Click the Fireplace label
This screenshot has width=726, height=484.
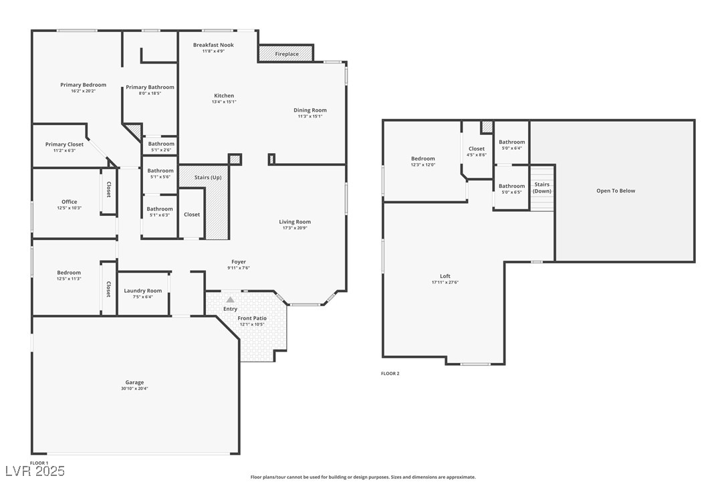click(x=287, y=54)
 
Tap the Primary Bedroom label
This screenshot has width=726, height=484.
click(x=83, y=85)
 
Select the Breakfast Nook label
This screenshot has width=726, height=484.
click(x=213, y=45)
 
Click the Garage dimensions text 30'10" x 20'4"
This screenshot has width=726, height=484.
click(x=134, y=388)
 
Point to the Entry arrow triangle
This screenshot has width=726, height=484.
click(x=230, y=300)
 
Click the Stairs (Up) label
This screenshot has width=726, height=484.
click(x=208, y=178)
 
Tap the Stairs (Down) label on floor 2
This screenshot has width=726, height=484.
click(x=541, y=188)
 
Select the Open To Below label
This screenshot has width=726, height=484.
click(x=616, y=191)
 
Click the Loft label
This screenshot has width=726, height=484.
click(x=445, y=276)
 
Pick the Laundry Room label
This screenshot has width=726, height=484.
click(x=143, y=291)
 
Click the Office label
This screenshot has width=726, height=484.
click(x=69, y=202)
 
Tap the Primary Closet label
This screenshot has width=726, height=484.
click(x=64, y=144)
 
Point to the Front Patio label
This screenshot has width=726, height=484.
click(x=251, y=318)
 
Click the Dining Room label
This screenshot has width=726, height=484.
click(x=310, y=110)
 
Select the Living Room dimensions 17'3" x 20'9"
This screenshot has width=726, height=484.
click(x=295, y=228)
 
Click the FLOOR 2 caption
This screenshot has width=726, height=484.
click(x=390, y=374)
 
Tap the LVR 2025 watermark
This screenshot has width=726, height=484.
click(x=33, y=471)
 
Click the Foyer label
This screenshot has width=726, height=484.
click(x=239, y=262)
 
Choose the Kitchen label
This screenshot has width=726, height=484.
click(x=224, y=96)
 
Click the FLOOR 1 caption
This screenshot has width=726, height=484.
click(x=39, y=463)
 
